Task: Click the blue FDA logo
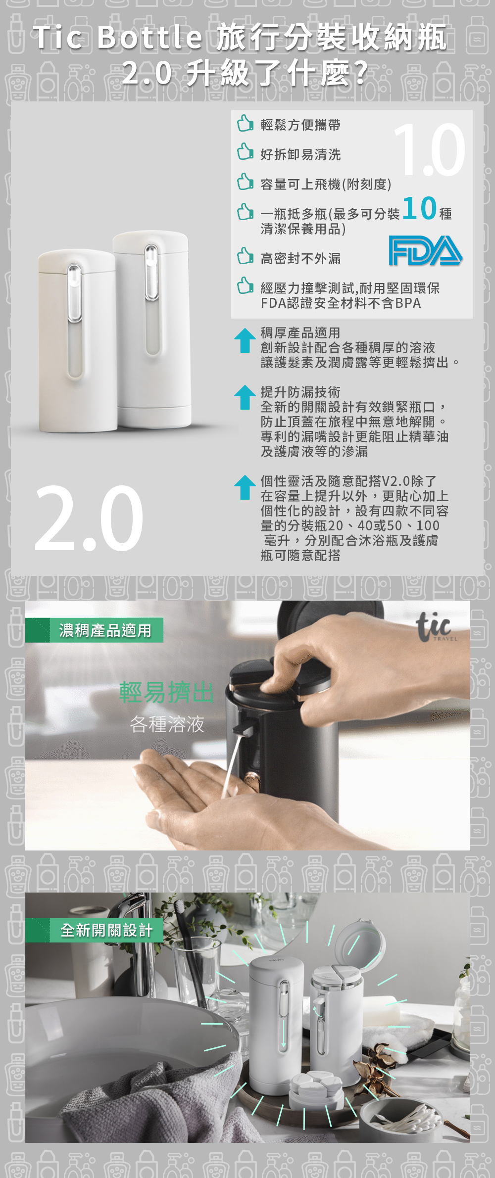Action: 425,250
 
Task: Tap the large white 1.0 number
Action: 429,149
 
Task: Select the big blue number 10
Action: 420,208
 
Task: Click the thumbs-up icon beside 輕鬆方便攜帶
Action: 245,123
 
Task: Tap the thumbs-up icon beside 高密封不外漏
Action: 245,256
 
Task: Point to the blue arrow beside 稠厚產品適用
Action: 245,340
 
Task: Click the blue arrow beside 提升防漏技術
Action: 245,397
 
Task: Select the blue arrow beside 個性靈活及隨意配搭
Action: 245,487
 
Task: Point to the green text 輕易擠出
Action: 166,692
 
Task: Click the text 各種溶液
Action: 167,724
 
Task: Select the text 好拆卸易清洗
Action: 301,155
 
